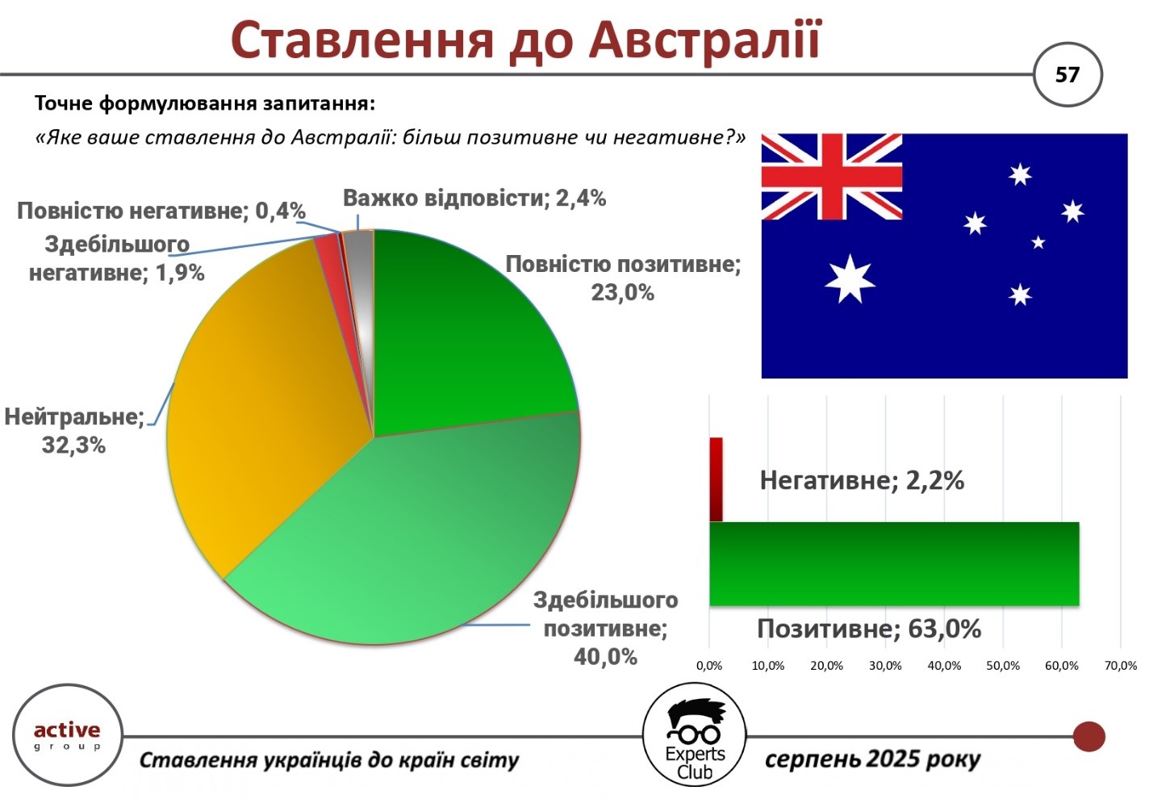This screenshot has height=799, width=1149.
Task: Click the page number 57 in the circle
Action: point(1067,75)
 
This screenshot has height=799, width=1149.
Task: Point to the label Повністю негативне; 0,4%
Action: point(161,211)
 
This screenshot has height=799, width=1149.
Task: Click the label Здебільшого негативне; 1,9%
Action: point(117,258)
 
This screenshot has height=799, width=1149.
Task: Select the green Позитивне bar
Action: point(894,564)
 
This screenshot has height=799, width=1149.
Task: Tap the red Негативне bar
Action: point(716,479)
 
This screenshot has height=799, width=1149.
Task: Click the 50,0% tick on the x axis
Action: point(1003,666)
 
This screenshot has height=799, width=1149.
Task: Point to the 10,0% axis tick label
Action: point(768,666)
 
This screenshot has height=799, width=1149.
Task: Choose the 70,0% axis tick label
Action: point(1121,666)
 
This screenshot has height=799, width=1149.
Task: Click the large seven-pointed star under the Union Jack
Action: point(850,280)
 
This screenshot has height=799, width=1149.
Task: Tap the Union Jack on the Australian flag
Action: point(831,177)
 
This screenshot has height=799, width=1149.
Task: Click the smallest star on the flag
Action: point(1038,241)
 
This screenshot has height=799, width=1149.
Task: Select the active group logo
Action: point(67,735)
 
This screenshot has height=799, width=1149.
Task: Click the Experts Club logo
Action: point(695,734)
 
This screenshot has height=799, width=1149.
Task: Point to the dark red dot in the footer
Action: point(1088,736)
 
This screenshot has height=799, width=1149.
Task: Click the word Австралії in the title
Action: point(705,41)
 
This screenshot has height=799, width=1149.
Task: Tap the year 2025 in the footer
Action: point(891,759)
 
